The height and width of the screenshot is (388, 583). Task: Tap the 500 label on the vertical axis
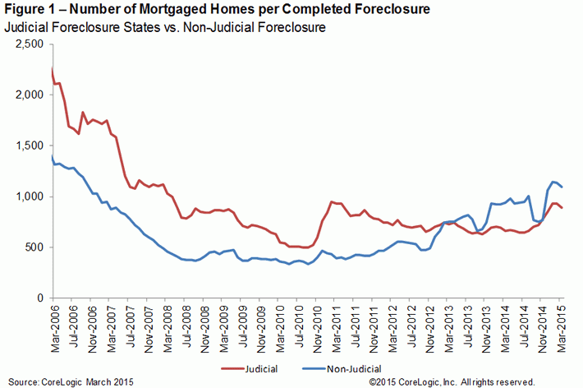pyautogui.click(x=34, y=247)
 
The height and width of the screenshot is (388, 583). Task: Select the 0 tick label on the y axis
pyautogui.click(x=41, y=297)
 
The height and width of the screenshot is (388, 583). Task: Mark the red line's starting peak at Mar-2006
pyautogui.click(x=52, y=69)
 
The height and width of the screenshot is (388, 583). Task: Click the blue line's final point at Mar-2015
pyautogui.click(x=562, y=187)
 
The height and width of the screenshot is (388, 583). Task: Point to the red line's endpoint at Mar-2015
pyautogui.click(x=562, y=208)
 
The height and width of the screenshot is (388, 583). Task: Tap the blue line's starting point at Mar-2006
pyautogui.click(x=52, y=155)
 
